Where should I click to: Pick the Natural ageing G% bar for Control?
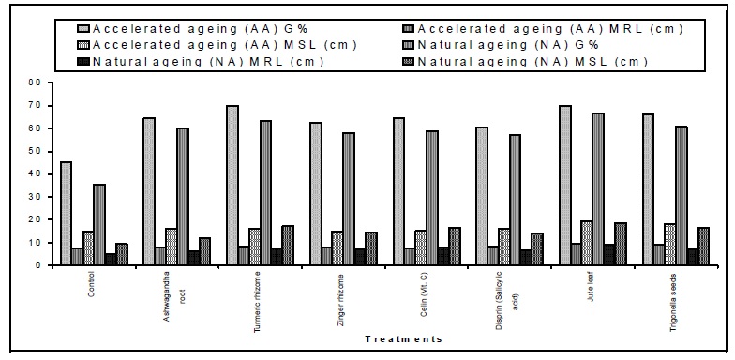tap(99, 225)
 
